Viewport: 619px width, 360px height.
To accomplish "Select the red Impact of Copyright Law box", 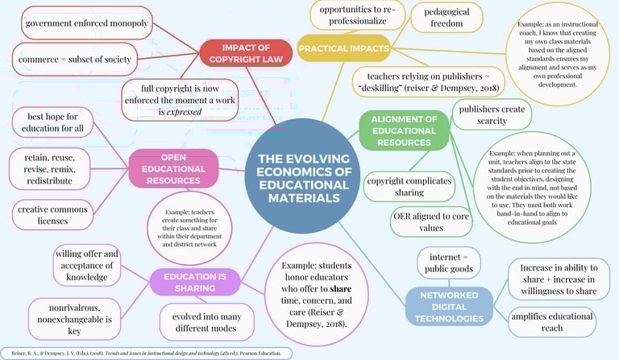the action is [246, 52].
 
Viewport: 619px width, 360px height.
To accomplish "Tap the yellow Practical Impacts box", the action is [344, 49].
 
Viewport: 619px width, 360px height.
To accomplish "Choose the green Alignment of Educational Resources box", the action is [404, 130].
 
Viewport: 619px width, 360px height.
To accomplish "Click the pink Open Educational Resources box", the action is [173, 168].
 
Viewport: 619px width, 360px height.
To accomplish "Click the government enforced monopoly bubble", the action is [87, 23].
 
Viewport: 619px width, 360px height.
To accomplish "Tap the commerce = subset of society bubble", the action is [77, 59].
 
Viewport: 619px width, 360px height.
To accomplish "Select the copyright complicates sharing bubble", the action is [409, 187].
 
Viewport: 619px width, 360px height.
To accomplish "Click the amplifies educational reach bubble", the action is [551, 322].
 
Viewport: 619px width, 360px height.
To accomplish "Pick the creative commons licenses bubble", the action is [53, 214].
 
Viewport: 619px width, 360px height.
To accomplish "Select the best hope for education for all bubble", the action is [55, 123].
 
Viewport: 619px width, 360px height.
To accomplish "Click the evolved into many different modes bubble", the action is [207, 321].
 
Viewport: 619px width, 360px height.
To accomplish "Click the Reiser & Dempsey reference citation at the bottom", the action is [145, 353].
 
